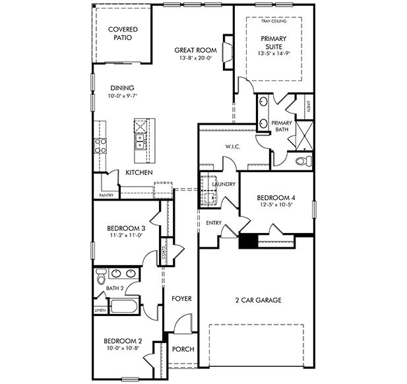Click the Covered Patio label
pyautogui.click(x=123, y=34)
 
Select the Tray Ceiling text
pyautogui.click(x=274, y=21)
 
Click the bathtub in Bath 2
pyautogui.click(x=123, y=306)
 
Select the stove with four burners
pyautogui.click(x=100, y=146)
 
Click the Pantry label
pyautogui.click(x=106, y=195)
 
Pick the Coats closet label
pyautogui.click(x=164, y=252)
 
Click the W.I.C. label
pyautogui.click(x=233, y=146)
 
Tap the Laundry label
pyautogui.click(x=224, y=184)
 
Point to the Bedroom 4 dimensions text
pyautogui.click(x=276, y=205)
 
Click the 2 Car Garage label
pyautogui.click(x=259, y=300)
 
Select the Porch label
pyautogui.click(x=183, y=349)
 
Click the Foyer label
pyautogui.click(x=181, y=299)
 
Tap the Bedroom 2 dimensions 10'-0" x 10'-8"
pyautogui.click(x=123, y=348)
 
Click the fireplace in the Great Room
pyautogui.click(x=228, y=52)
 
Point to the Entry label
pyautogui.click(x=214, y=223)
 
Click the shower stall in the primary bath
pyautogui.click(x=305, y=135)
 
